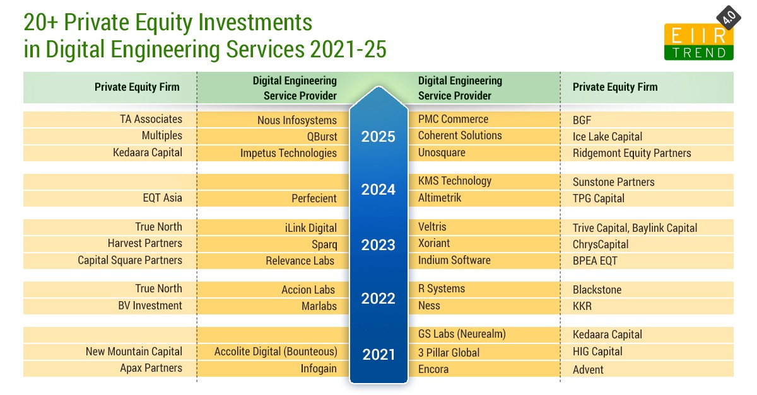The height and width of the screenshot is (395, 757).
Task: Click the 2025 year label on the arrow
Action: point(378,137)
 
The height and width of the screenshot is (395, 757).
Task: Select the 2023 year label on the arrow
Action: point(378,244)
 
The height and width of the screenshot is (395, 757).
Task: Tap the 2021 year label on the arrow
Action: point(378,355)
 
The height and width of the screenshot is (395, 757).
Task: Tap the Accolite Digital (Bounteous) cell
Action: point(276,352)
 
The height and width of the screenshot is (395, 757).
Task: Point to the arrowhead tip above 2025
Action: point(378,88)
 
